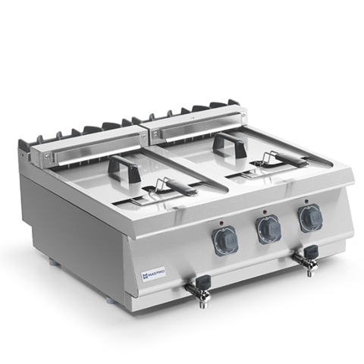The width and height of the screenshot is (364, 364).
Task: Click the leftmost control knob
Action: point(226,240)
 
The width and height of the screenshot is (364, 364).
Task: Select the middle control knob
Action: point(268,228)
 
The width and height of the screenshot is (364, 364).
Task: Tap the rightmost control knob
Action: point(309,217)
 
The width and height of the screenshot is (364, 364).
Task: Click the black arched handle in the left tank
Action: point(124,167)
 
